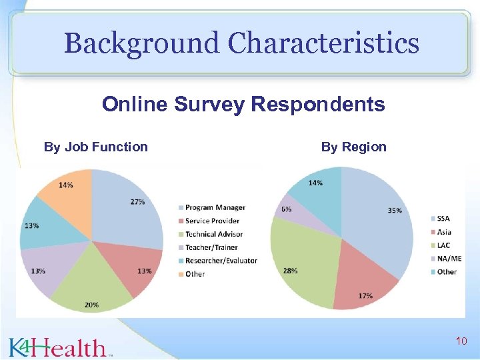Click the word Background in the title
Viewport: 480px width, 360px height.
141,44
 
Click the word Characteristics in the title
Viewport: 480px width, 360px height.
324,44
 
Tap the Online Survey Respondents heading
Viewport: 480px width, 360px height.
243,105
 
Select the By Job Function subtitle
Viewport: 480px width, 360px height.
96,147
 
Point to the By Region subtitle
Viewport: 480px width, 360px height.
354,147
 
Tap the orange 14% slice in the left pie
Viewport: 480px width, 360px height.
67,190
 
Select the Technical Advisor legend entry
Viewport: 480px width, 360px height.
213,234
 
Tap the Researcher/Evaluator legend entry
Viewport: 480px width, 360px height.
221,261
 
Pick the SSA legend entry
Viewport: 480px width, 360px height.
443,219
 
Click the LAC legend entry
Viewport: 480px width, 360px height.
443,245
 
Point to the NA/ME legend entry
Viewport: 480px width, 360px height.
448,259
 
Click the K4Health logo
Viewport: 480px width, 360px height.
59,347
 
